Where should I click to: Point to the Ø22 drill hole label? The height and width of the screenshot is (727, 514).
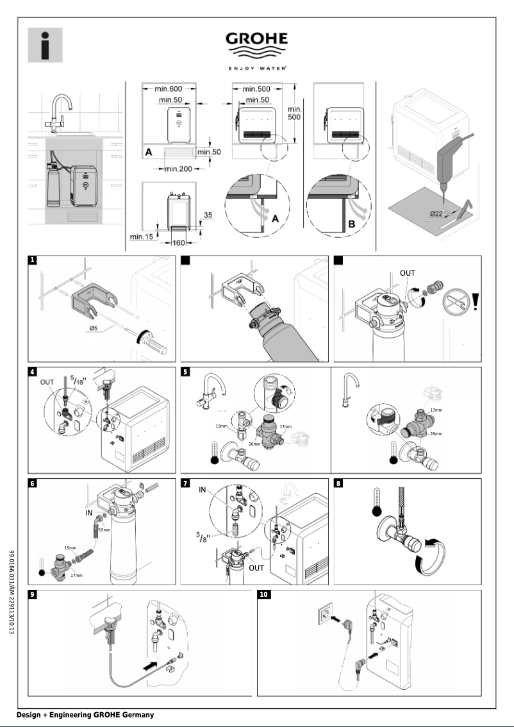tap(438, 213)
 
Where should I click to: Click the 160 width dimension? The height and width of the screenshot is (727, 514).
tap(178, 243)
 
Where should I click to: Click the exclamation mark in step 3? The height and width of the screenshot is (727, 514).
tap(474, 301)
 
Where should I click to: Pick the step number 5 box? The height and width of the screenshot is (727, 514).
tap(187, 372)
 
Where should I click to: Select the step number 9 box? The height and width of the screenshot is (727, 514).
tap(33, 594)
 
